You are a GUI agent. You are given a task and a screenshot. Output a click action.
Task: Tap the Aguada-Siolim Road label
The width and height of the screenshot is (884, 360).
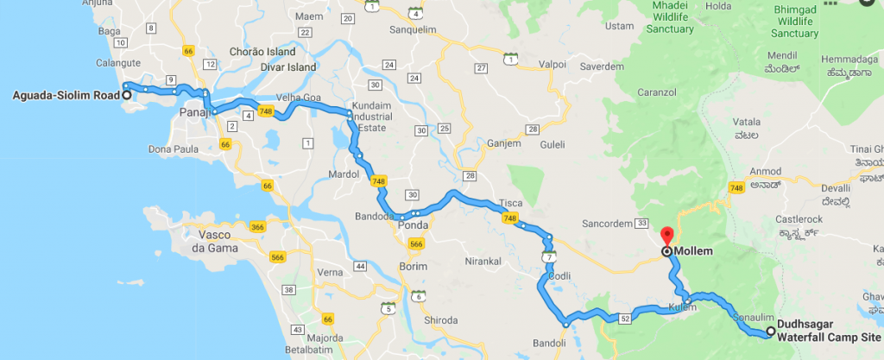click(60, 96)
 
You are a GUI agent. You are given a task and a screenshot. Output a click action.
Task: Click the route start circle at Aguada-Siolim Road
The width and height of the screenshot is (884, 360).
click(127, 96)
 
